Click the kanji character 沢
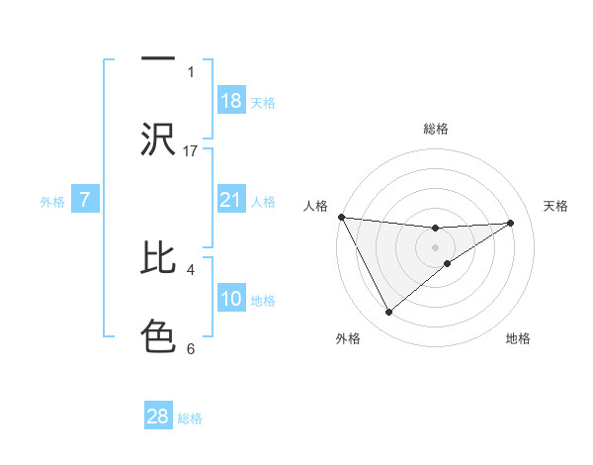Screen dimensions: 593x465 [158, 139]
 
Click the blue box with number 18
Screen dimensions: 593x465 [230, 101]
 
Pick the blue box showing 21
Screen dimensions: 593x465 [230, 201]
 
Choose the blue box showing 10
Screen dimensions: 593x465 [230, 299]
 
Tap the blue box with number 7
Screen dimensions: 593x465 [85, 200]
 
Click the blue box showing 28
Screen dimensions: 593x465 [158, 417]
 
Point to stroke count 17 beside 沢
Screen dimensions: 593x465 [191, 150]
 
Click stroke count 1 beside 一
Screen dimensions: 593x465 [191, 71]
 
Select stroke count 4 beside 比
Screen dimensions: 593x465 [191, 268]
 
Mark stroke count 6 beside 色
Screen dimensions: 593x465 [191, 347]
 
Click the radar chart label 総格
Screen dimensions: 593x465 [435, 129]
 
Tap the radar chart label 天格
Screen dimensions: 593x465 [556, 206]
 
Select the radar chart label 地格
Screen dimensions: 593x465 [518, 338]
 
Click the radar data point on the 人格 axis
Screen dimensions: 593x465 [341, 217]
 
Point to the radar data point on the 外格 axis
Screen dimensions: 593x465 [388, 313]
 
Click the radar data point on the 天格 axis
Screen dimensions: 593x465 [510, 223]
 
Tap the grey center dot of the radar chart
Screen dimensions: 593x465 [435, 246]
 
